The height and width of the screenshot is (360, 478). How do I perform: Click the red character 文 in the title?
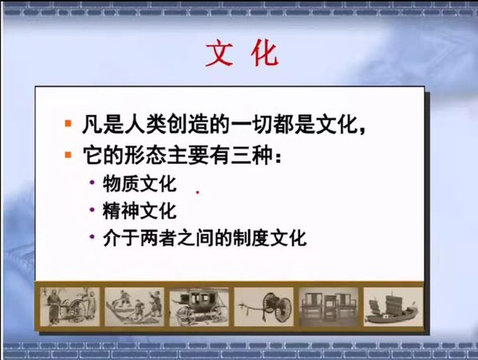(219, 54)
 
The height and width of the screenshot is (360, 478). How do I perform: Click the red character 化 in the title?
(265, 54)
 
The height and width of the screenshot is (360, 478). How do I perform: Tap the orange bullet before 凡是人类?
(68, 124)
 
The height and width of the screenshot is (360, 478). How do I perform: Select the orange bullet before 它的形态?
(68, 155)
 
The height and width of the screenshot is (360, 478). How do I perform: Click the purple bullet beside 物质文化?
(92, 183)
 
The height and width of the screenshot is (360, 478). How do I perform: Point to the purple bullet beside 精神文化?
(92, 210)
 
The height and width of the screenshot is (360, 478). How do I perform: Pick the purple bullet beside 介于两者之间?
(92, 236)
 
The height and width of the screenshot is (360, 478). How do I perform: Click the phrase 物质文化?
(140, 184)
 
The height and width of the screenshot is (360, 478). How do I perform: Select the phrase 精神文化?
(140, 211)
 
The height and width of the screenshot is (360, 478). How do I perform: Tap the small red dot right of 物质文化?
(198, 192)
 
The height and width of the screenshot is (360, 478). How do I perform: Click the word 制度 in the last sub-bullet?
(251, 238)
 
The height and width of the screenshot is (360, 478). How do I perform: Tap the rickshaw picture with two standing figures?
(69, 307)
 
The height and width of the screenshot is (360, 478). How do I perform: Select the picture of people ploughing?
(134, 307)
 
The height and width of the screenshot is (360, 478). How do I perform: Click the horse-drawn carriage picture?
(199, 307)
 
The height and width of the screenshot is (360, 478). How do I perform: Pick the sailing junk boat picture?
(393, 307)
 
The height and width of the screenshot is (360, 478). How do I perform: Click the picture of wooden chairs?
(329, 307)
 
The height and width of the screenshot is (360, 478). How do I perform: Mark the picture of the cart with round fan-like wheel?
(263, 307)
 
